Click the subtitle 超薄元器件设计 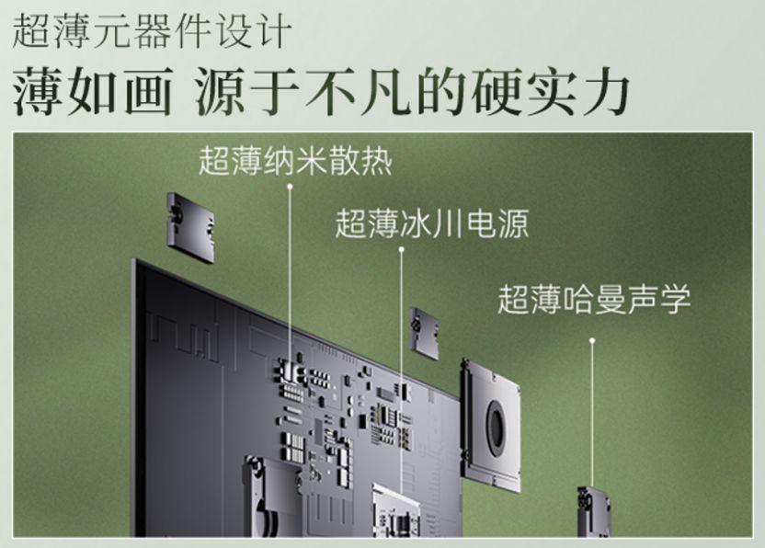[x=153, y=31]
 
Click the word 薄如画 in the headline [x=93, y=91]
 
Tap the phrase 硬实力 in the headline [x=550, y=91]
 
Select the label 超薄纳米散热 [x=295, y=160]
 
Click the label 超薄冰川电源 [x=432, y=224]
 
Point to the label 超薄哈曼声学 [x=594, y=299]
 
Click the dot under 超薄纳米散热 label [x=290, y=187]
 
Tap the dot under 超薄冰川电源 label [x=401, y=249]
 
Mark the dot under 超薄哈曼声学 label [x=592, y=340]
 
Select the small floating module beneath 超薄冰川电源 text [x=424, y=334]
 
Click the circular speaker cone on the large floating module [x=497, y=425]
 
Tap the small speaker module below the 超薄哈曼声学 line [x=594, y=511]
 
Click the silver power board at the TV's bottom [x=395, y=510]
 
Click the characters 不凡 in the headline [x=359, y=91]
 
